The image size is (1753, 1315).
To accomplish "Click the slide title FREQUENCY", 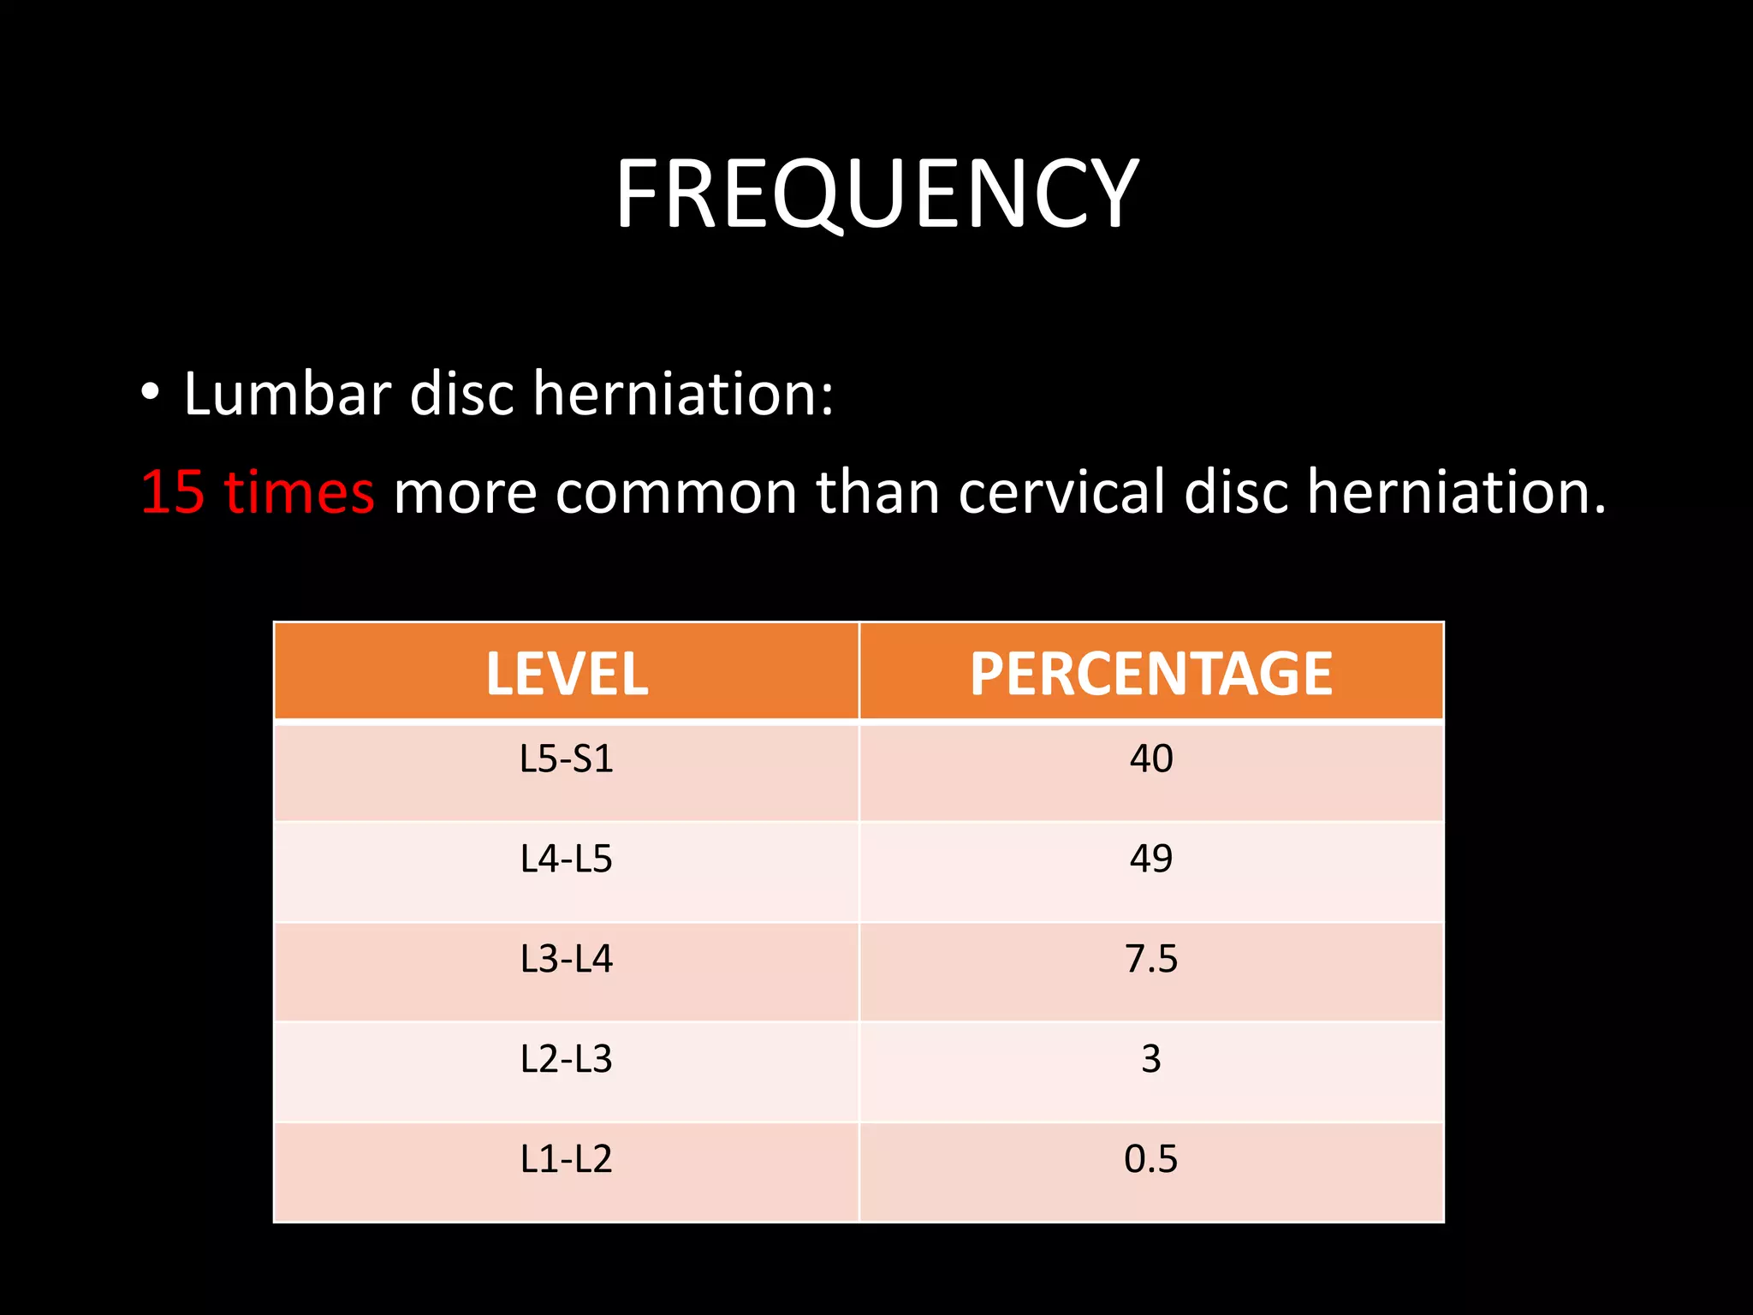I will pyautogui.click(x=876, y=194).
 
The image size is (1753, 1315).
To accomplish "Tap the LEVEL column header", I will pyautogui.click(x=567, y=674).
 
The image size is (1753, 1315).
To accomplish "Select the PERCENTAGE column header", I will pyautogui.click(x=1150, y=674).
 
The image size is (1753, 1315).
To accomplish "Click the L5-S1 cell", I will pyautogui.click(x=567, y=759).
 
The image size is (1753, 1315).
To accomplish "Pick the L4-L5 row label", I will pyautogui.click(x=567, y=859).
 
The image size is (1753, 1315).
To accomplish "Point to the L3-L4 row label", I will pyautogui.click(x=567, y=959).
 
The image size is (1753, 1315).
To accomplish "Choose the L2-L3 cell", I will pyautogui.click(x=567, y=1059).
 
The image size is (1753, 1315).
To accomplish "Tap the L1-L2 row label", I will pyautogui.click(x=567, y=1159).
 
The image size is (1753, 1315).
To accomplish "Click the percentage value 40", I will pyautogui.click(x=1150, y=759).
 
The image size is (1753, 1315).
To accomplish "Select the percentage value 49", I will pyautogui.click(x=1150, y=859).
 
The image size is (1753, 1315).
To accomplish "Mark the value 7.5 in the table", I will pyautogui.click(x=1150, y=959).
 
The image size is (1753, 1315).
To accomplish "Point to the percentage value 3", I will pyautogui.click(x=1150, y=1059).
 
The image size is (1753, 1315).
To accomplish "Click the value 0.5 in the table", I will pyautogui.click(x=1150, y=1159).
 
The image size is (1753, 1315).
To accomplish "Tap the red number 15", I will pyautogui.click(x=173, y=493).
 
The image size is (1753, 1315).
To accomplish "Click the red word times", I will pyautogui.click(x=299, y=493).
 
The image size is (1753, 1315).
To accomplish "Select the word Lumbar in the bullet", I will pyautogui.click(x=288, y=395).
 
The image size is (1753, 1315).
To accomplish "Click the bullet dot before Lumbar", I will pyautogui.click(x=151, y=393).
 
